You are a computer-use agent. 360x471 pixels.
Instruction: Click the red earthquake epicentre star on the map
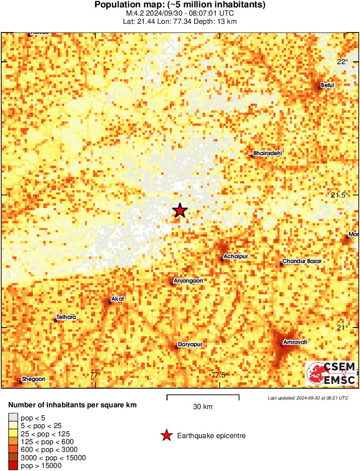point(180,211)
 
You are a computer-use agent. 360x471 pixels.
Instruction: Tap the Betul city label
point(328,85)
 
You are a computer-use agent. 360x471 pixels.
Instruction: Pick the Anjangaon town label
point(188,281)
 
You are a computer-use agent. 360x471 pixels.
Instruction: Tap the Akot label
point(118,299)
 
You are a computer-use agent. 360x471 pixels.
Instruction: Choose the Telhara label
point(66,317)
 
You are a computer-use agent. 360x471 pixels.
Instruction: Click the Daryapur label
point(191,345)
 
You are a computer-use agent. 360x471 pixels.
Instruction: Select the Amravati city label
point(295,342)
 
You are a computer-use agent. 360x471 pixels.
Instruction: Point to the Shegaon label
point(33,379)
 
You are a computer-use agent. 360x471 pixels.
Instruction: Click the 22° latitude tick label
point(343,62)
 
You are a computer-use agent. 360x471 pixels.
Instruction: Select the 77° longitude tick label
point(95,375)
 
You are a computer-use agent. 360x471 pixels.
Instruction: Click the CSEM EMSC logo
point(331,374)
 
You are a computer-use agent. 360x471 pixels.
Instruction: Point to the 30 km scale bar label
point(203,406)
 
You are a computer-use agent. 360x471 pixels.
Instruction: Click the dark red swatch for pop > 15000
point(13,466)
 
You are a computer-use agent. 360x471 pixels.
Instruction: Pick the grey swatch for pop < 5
point(13,418)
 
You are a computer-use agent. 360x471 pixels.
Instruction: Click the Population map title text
point(180,5)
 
